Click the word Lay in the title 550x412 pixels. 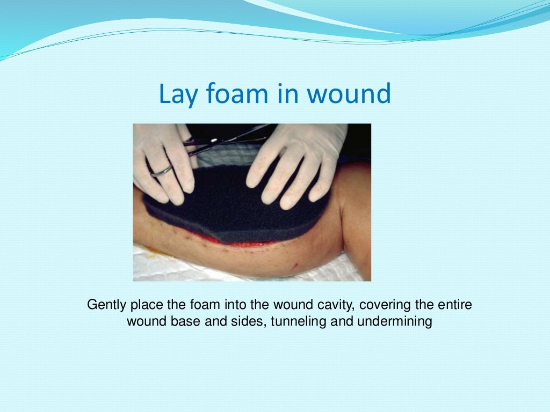point(175,94)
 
